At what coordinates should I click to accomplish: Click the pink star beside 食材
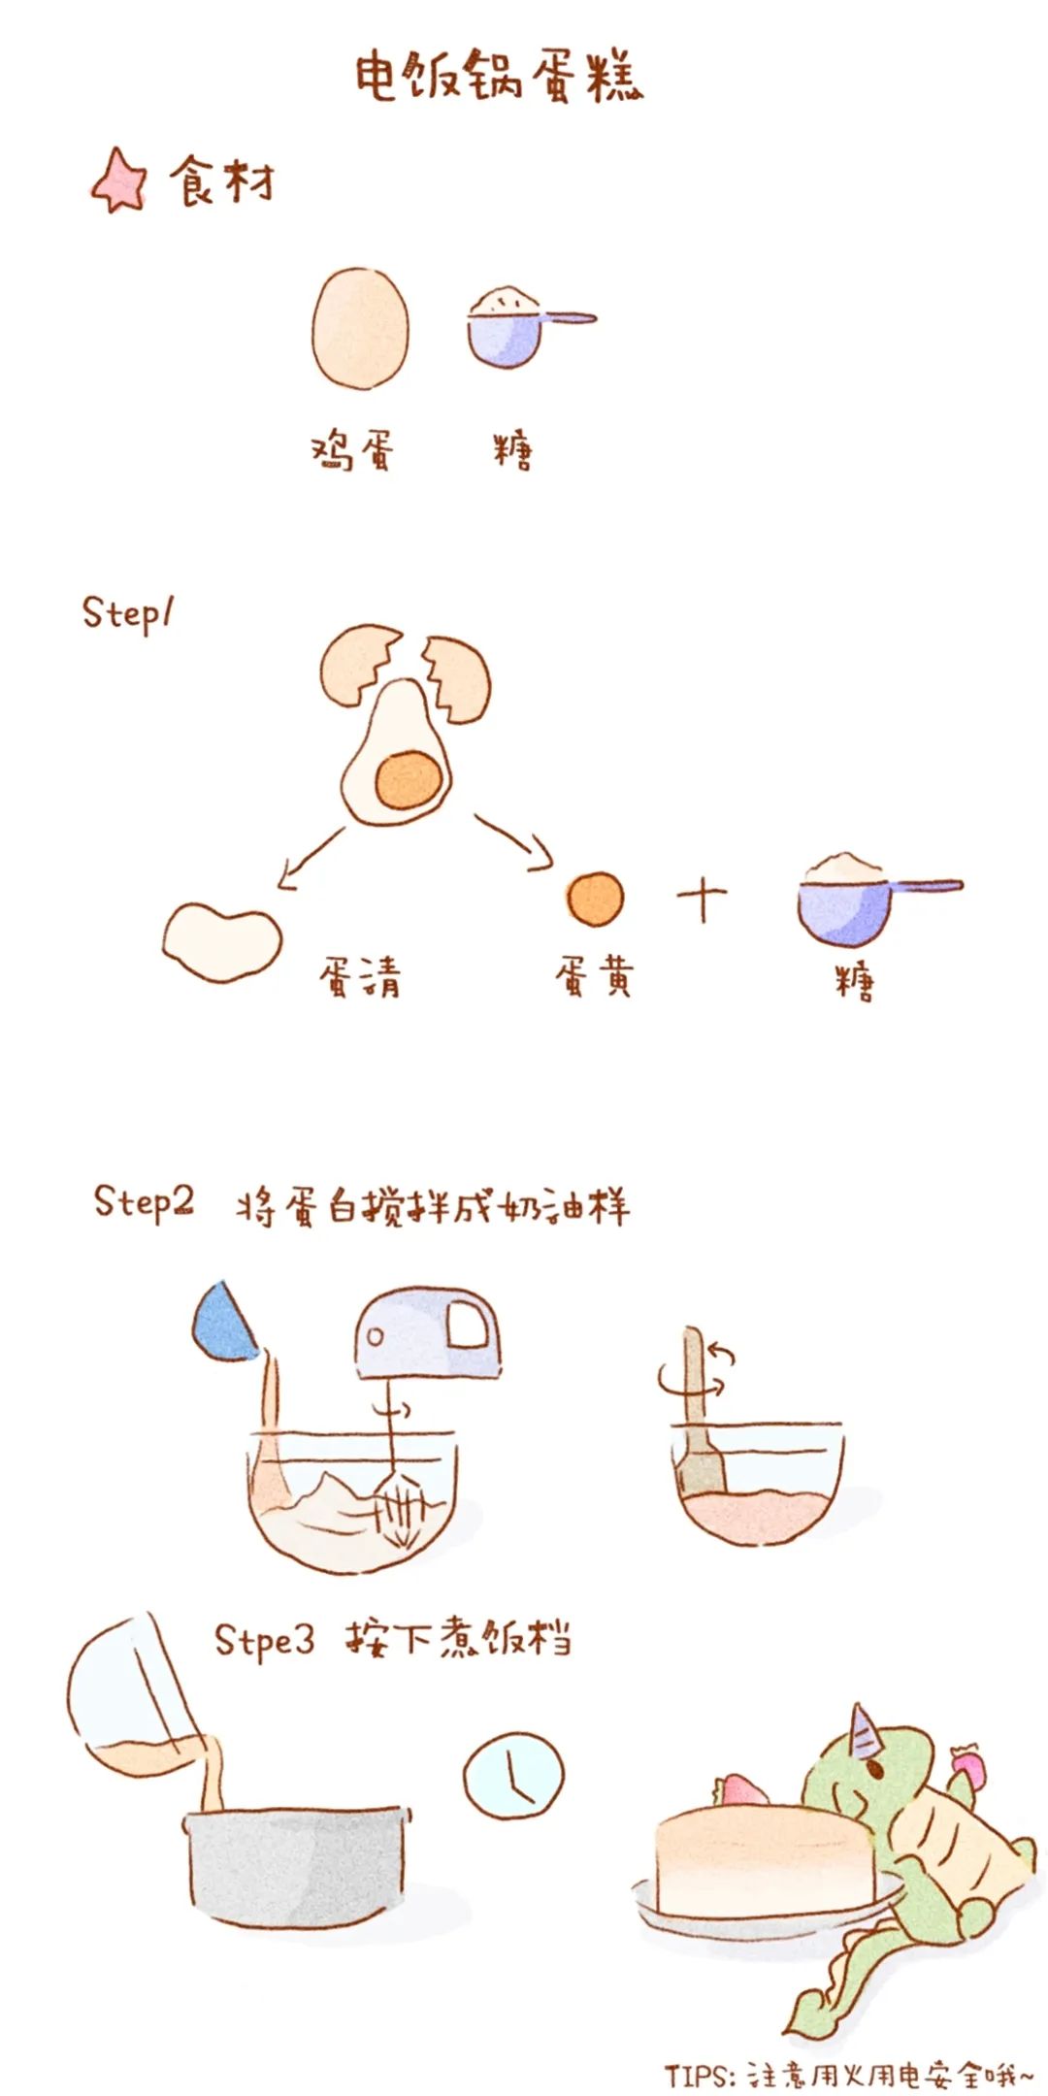pyautogui.click(x=119, y=181)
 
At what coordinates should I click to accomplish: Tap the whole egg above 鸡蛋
pyautogui.click(x=360, y=328)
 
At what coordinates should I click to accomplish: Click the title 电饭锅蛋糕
pyautogui.click(x=498, y=76)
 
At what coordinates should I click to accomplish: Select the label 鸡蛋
pyautogui.click(x=353, y=450)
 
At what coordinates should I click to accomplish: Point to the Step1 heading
pyautogui.click(x=127, y=613)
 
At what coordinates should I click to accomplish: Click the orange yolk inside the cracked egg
pyautogui.click(x=409, y=780)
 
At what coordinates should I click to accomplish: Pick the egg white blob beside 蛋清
pyautogui.click(x=221, y=941)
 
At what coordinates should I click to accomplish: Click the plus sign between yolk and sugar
pyautogui.click(x=702, y=900)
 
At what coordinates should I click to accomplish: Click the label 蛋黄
pyautogui.click(x=594, y=976)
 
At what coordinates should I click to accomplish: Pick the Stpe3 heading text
pyautogui.click(x=264, y=1639)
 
